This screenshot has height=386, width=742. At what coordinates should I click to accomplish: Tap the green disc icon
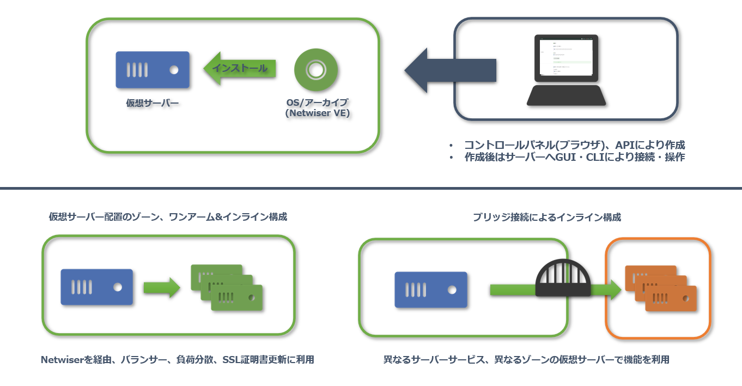coord(316,70)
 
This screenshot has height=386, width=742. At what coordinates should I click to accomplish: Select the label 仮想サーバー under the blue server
coord(153,102)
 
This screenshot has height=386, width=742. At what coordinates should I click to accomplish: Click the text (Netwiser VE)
coord(317,113)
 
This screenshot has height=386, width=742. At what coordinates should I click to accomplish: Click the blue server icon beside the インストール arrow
coord(153,70)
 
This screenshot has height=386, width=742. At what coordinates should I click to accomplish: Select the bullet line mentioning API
coord(574,145)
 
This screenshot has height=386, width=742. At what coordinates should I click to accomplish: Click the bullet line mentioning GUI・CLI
coord(574,157)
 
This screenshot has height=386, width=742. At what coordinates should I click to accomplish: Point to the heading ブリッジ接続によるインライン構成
coord(547,217)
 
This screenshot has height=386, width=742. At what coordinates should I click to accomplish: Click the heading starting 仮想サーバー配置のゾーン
coord(168,217)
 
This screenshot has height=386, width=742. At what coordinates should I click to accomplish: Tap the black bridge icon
coord(564,278)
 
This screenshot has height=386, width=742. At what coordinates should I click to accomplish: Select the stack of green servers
coord(227,287)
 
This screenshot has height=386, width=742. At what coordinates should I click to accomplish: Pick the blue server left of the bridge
coord(431,289)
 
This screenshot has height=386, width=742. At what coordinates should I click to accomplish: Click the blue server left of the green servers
coord(97,287)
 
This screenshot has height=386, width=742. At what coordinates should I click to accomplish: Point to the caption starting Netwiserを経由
coord(178,360)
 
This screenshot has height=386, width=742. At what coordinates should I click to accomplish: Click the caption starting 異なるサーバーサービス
coord(526,360)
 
